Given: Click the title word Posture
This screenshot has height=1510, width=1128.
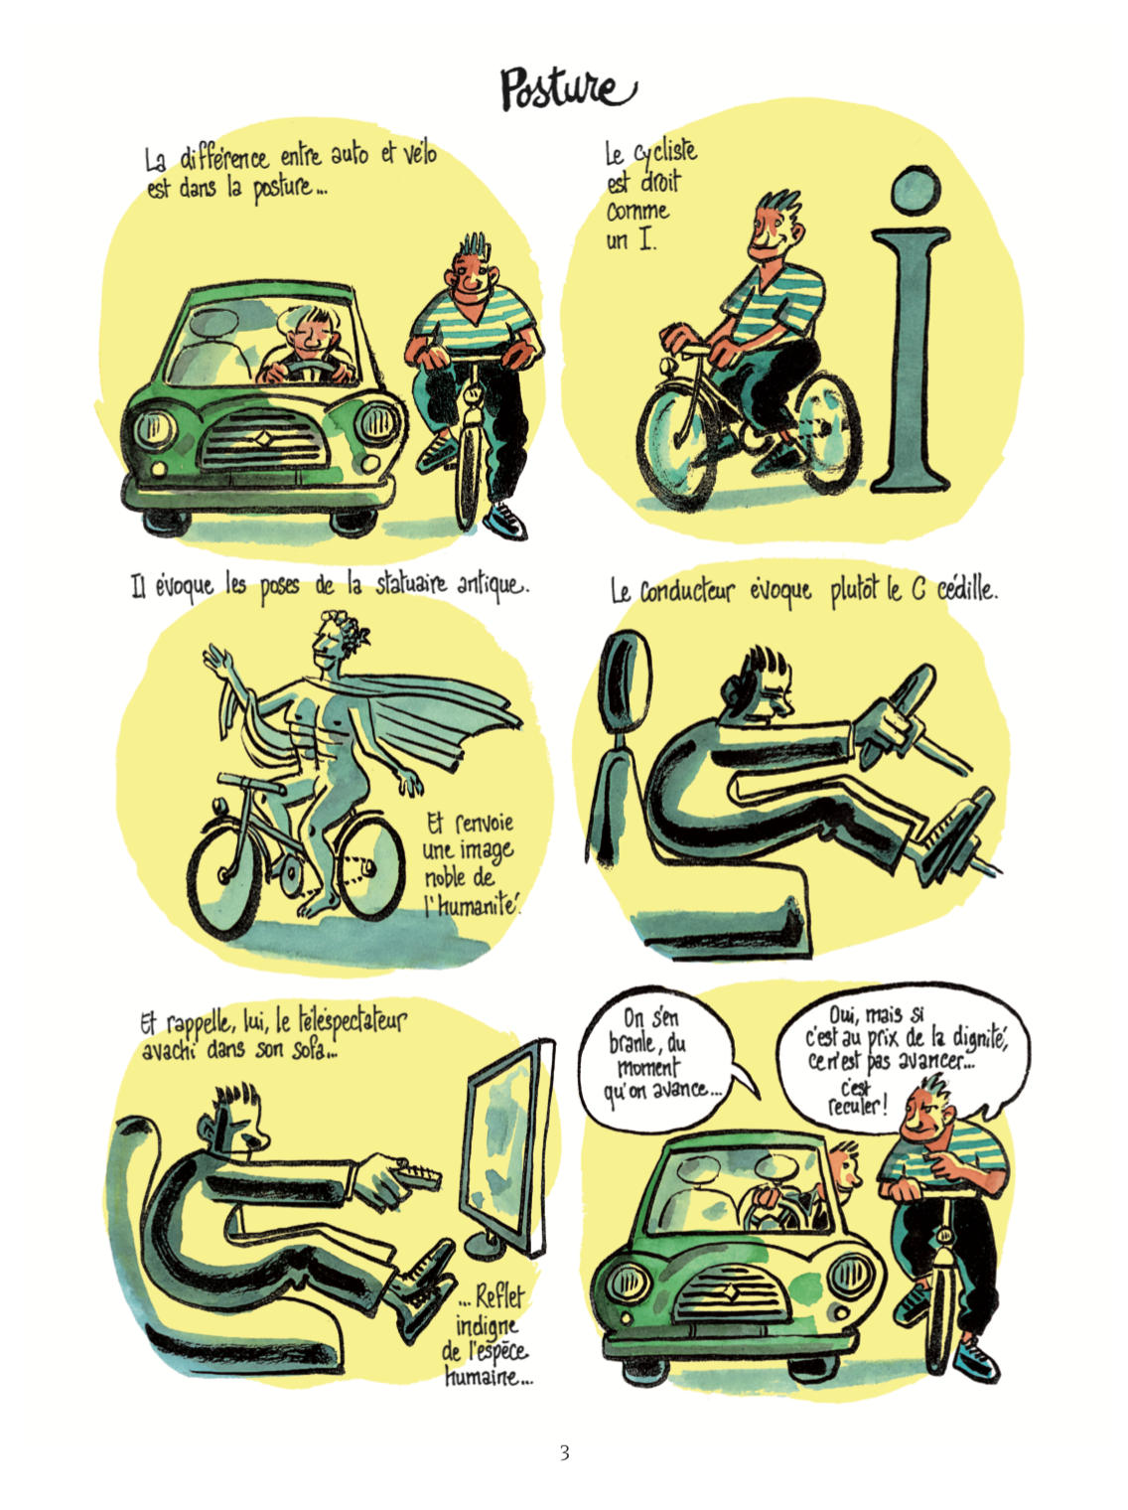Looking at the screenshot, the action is [568, 89].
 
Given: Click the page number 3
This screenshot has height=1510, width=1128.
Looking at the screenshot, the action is [564, 1452].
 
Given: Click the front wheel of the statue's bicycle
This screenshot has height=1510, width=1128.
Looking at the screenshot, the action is [225, 880].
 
